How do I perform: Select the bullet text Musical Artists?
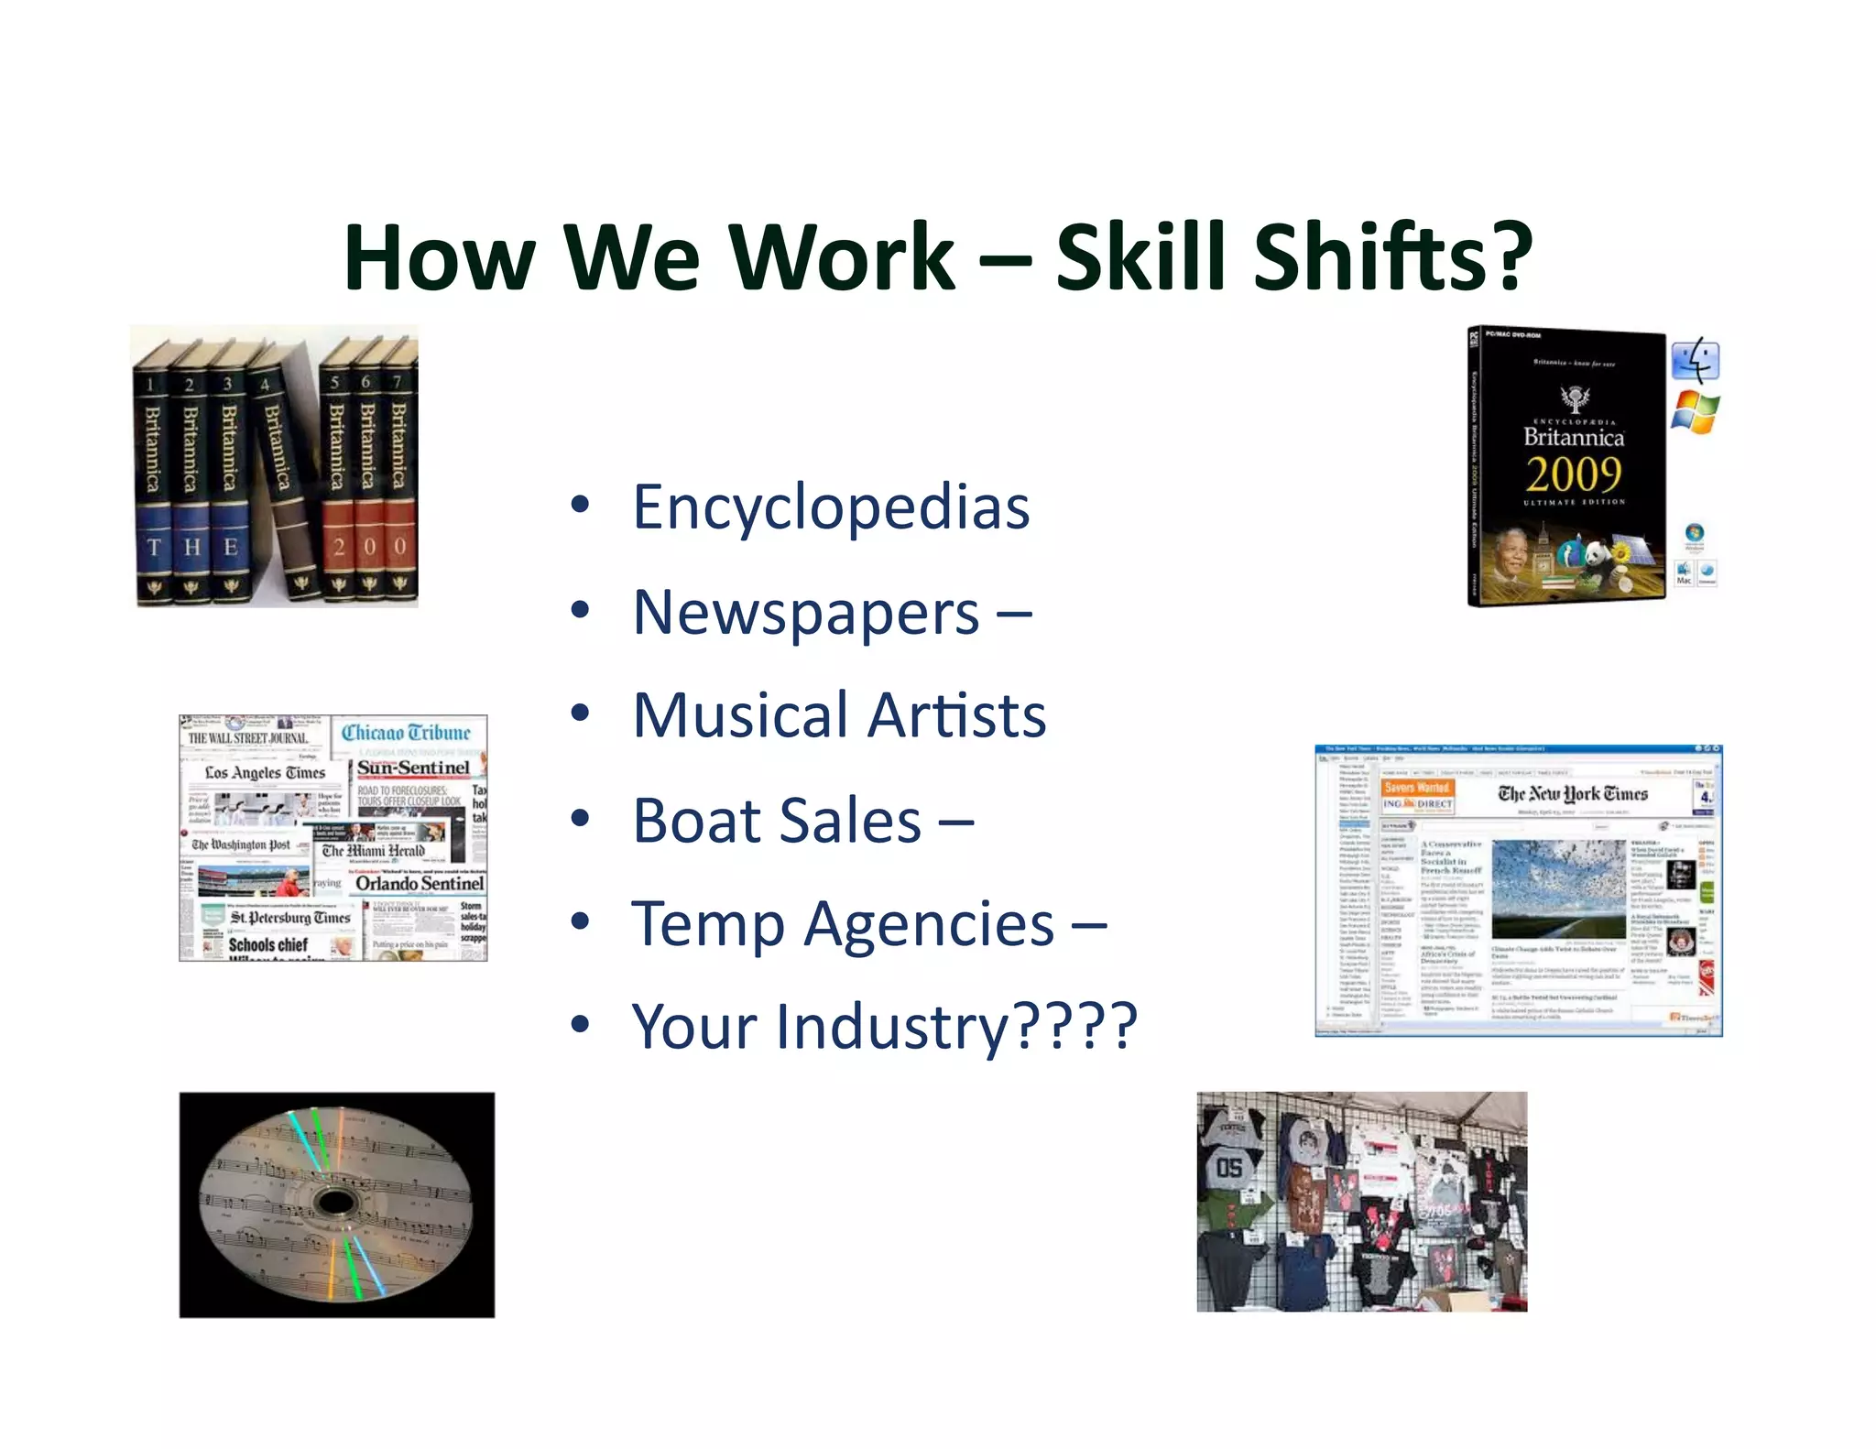click(x=839, y=715)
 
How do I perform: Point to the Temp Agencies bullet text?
click(x=843, y=924)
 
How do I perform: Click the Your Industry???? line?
click(x=884, y=1027)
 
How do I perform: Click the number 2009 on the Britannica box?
click(x=1573, y=474)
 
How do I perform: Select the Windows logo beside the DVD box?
click(x=1695, y=412)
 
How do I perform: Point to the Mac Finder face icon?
click(x=1695, y=361)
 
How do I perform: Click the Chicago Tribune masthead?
click(x=406, y=733)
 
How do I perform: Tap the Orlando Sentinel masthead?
click(x=420, y=884)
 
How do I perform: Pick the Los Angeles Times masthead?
click(x=265, y=773)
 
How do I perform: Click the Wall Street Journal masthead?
click(x=247, y=738)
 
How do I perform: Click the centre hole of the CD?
click(x=334, y=1202)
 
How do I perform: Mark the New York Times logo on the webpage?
click(x=1572, y=794)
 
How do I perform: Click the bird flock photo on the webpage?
click(x=1558, y=888)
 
